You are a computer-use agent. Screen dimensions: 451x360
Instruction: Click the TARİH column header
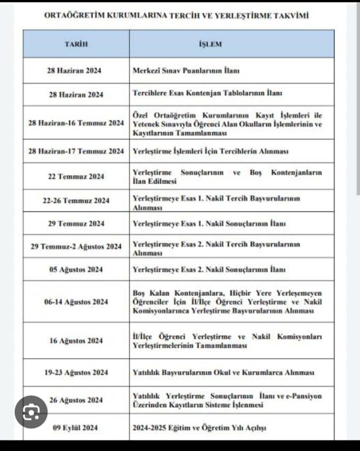point(76,45)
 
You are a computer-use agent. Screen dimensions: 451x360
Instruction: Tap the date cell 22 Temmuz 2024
point(76,176)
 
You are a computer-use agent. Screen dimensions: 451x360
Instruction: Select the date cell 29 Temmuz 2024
point(76,223)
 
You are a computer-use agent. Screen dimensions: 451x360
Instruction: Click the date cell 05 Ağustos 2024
point(76,270)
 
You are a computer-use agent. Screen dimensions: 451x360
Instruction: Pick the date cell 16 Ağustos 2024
point(76,341)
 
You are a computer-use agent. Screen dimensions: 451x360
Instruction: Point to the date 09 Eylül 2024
point(75,428)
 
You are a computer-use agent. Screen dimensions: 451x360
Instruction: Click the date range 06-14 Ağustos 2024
point(76,302)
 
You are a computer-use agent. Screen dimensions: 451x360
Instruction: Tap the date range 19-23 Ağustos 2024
point(76,372)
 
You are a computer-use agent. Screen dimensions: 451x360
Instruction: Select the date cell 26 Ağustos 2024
point(76,400)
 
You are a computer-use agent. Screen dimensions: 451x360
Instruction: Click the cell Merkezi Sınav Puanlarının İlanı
point(187,70)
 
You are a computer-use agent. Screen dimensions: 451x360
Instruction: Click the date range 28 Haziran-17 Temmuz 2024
point(76,152)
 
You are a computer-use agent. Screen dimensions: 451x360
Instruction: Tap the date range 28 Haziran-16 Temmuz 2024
point(76,123)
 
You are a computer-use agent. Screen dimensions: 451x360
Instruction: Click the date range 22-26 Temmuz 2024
point(76,200)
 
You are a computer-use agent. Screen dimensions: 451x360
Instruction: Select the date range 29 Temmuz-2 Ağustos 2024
point(76,247)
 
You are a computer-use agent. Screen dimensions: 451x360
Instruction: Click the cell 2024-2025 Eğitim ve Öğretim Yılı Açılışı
point(200,428)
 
